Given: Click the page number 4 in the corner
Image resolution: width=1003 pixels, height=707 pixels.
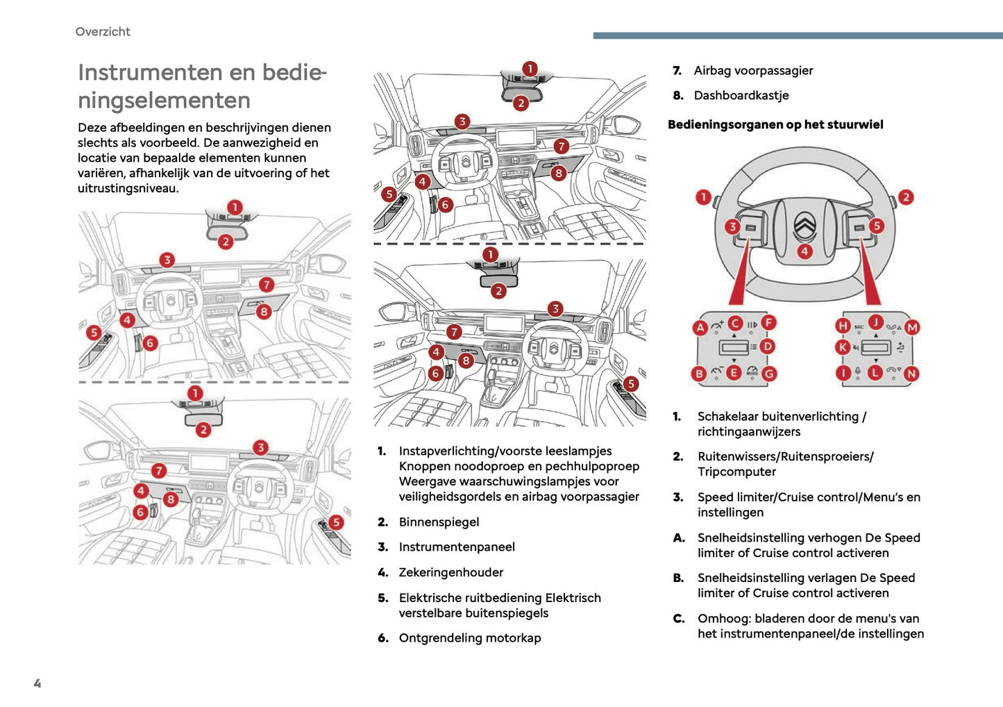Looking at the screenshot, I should coord(37,683).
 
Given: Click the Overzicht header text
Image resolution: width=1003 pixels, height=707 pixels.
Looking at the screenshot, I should coord(103,31).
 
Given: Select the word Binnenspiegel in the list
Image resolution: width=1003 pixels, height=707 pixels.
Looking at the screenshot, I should coord(439,522).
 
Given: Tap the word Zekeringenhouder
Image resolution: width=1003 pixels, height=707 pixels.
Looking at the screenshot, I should coord(450,572).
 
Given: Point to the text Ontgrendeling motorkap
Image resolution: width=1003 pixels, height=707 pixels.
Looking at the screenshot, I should coord(469,638).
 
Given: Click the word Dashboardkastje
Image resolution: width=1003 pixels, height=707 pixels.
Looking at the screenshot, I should coord(741,95).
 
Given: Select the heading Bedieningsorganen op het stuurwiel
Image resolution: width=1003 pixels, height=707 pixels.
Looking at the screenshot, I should coord(775,124).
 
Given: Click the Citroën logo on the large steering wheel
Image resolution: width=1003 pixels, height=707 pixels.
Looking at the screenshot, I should coord(804,224).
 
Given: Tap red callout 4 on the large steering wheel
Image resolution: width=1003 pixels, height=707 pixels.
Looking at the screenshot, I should coord(804,251).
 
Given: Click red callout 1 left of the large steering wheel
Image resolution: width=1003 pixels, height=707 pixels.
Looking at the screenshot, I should coord(703,197).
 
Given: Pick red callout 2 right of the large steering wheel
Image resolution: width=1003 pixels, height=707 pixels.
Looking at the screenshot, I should coord(906,197).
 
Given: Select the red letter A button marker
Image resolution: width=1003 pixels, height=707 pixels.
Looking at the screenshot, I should coord(700,328).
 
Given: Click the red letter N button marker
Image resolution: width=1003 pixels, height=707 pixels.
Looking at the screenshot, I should coord(911,374).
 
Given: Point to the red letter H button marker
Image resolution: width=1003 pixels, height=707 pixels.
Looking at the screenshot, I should coord(843,325).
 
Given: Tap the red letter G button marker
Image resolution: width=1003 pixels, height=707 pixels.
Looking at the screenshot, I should coord(769,374).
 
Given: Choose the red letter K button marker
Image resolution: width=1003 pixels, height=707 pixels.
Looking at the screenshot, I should coord(843,347).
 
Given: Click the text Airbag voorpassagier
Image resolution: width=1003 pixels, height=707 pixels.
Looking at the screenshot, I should coord(753,70).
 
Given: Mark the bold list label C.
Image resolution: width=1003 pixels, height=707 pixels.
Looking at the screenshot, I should coord(679,618).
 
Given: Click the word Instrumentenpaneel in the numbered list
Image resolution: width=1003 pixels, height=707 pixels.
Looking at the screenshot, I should coord(457,547).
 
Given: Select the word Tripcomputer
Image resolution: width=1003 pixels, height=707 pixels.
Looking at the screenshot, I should coord(736,472).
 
